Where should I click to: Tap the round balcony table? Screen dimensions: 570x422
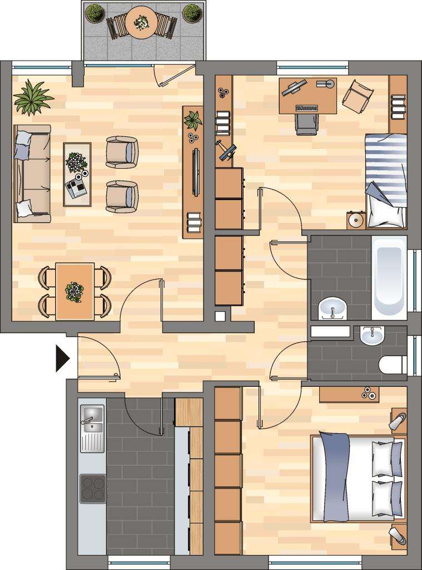click(x=141, y=22)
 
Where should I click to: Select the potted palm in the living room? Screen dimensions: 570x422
click(x=32, y=97)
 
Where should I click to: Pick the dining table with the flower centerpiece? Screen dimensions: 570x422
click(x=75, y=291)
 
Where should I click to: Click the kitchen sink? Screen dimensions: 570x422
click(x=92, y=419)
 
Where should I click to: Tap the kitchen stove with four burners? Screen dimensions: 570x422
click(x=93, y=488)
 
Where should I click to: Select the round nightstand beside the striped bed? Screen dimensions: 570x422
click(x=355, y=220)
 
